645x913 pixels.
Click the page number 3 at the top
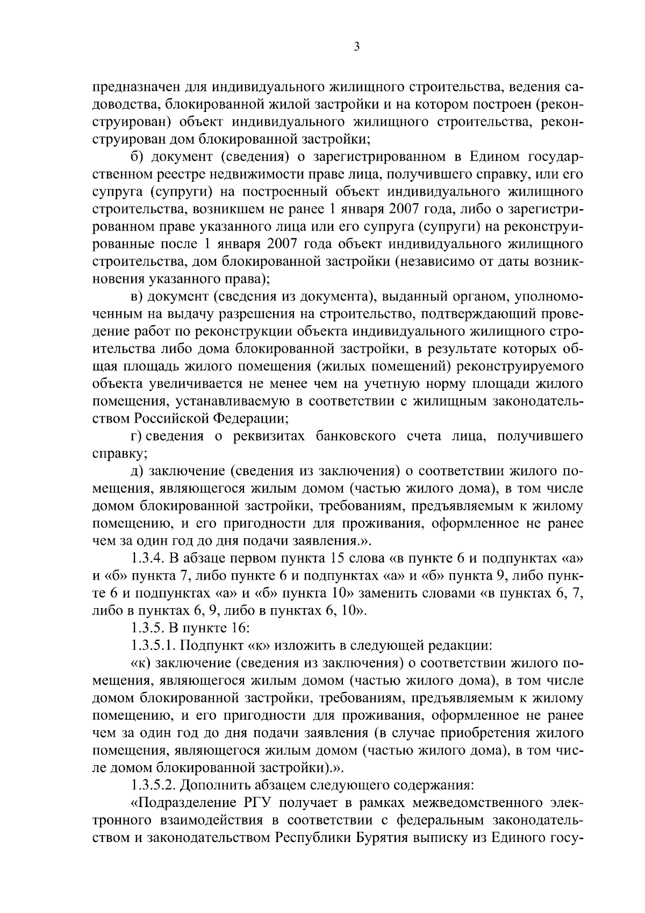coord(356,47)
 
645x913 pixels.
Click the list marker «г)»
coord(138,436)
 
